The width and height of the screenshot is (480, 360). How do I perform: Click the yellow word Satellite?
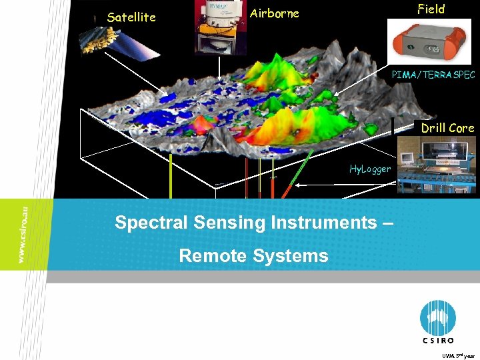click(131, 17)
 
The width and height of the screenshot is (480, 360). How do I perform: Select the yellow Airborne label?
click(274, 13)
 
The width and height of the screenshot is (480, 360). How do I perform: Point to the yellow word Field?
click(431, 9)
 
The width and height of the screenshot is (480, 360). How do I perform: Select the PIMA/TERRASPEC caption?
click(433, 75)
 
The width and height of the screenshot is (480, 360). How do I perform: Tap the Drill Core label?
click(447, 128)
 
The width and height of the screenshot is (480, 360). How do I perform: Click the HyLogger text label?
click(370, 169)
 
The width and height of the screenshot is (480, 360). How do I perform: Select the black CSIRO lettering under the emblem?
click(439, 340)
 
